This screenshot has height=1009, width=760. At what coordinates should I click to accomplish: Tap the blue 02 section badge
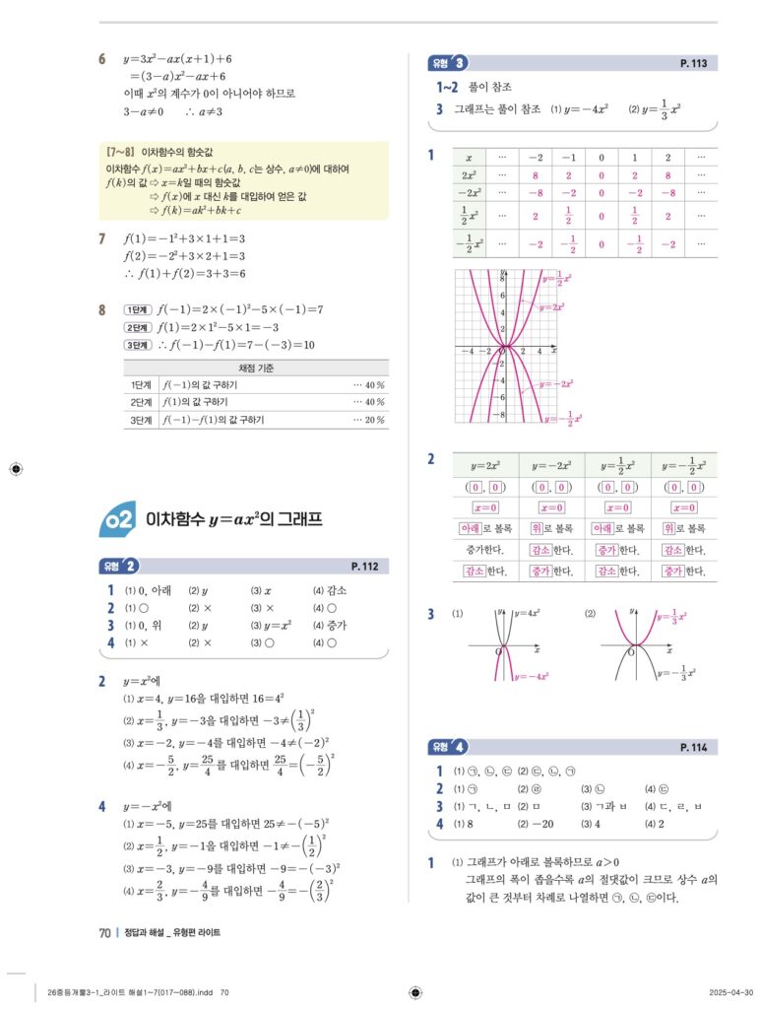point(119,520)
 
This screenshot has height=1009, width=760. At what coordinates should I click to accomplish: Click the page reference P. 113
point(693,63)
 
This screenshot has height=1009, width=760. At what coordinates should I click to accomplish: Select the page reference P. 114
point(693,748)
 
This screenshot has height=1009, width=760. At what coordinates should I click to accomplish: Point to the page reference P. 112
point(364,566)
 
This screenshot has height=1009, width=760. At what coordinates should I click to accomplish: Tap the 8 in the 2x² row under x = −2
point(536,175)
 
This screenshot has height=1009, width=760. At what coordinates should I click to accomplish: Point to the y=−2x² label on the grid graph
point(560,383)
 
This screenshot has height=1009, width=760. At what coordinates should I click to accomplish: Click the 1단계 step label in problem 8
point(137,309)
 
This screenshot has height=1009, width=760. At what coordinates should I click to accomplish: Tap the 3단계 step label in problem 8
point(137,345)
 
